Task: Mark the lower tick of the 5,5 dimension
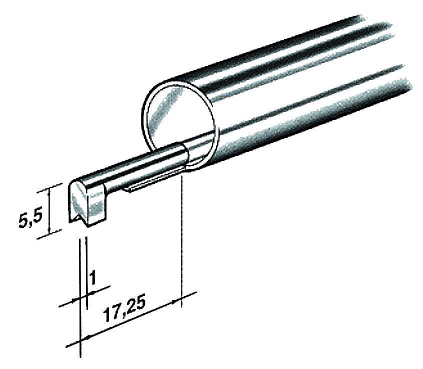[x=49, y=234]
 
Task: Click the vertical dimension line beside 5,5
[x=49, y=211]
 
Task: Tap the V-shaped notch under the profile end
[x=79, y=218]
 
